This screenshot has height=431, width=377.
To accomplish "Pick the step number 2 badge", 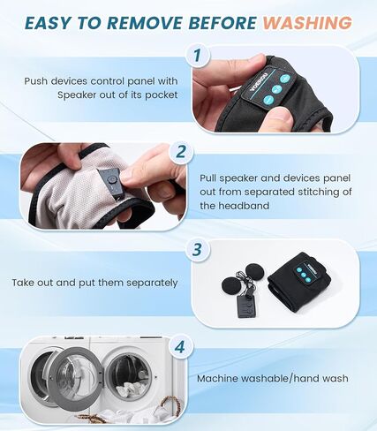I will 182,152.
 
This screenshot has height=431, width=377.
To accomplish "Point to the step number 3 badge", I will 197,250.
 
